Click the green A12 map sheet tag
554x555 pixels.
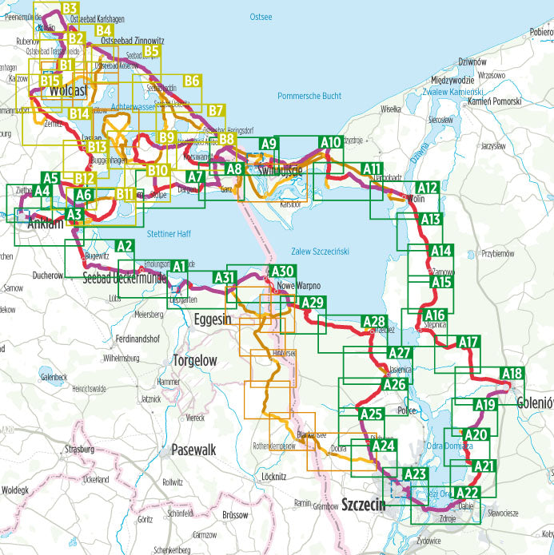(428, 188)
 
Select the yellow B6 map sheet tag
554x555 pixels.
(190, 81)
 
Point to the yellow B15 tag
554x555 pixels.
(50, 81)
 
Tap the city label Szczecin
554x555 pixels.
(363, 504)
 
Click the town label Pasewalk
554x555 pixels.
(193, 450)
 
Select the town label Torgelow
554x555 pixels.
(194, 361)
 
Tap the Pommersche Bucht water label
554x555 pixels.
(309, 96)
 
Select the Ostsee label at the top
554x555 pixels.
(261, 16)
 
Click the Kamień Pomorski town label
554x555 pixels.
(495, 101)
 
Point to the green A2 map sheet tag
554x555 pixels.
(124, 246)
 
